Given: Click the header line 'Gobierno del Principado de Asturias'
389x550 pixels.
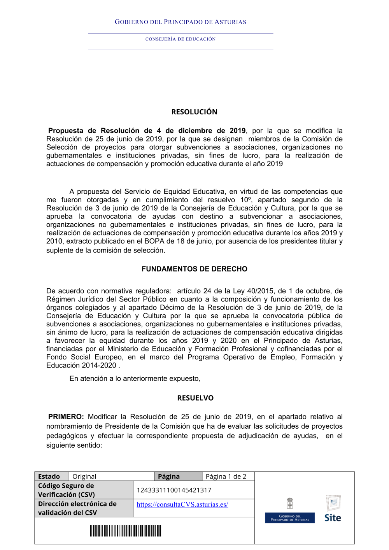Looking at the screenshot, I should (x=180, y=22).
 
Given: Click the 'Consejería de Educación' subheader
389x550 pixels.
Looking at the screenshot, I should (x=180, y=39).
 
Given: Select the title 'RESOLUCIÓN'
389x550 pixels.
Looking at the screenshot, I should (x=194, y=112).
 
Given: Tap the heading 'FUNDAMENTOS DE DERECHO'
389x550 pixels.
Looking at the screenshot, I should (x=194, y=269).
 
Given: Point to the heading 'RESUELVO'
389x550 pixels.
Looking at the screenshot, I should (x=195, y=398).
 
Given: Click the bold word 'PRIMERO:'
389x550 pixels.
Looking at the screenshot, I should (x=66, y=417).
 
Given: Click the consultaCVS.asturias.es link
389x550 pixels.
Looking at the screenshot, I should (x=182, y=504).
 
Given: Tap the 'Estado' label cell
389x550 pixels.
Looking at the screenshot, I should (x=49, y=476).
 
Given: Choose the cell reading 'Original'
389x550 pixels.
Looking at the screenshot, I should (x=84, y=476).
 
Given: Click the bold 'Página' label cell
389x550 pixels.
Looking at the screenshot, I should (x=169, y=476).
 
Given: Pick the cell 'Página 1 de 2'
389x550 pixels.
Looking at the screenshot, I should (x=226, y=476).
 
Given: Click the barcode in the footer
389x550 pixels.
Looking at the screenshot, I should (x=125, y=531).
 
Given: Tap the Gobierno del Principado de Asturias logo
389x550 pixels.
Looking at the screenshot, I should (x=290, y=511).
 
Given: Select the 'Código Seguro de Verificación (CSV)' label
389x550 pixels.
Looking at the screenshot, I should (x=66, y=490).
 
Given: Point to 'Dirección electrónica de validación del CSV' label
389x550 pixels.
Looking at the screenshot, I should (x=77, y=508).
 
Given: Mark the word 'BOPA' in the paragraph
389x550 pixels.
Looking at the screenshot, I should (x=154, y=241).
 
